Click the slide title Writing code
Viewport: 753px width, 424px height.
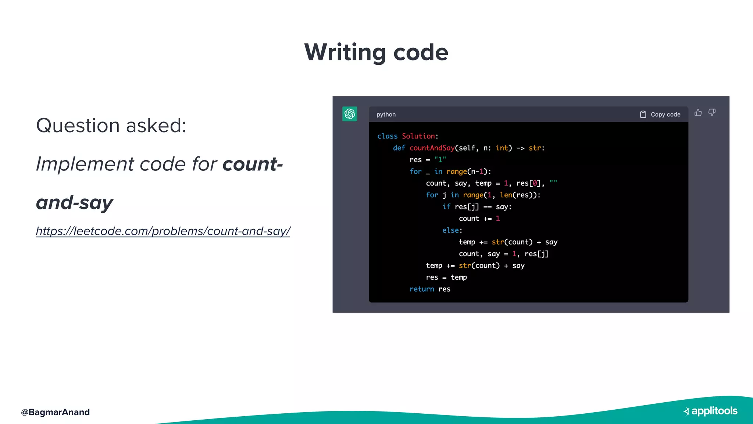pyautogui.click(x=376, y=52)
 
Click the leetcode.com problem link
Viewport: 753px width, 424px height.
pyautogui.click(x=163, y=231)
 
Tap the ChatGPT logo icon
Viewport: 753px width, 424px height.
pyautogui.click(x=349, y=114)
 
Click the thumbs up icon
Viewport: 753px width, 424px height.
pyautogui.click(x=698, y=113)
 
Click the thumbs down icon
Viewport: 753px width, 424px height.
pyautogui.click(x=712, y=113)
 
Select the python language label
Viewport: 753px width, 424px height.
pyautogui.click(x=386, y=114)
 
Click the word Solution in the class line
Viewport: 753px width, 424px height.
pyautogui.click(x=418, y=136)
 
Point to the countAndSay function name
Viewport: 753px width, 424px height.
pyautogui.click(x=432, y=148)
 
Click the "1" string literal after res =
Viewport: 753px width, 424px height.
pyautogui.click(x=440, y=160)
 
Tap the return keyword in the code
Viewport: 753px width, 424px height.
pyautogui.click(x=422, y=289)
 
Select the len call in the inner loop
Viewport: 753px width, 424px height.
pyautogui.click(x=506, y=195)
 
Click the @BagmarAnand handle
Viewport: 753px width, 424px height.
pyautogui.click(x=56, y=412)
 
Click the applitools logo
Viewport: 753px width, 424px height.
pyautogui.click(x=710, y=411)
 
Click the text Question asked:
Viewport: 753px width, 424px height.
pyautogui.click(x=111, y=126)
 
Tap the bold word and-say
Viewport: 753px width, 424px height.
pyautogui.click(x=75, y=203)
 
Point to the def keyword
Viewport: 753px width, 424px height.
pyautogui.click(x=399, y=148)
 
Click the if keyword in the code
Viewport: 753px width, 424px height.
pyautogui.click(x=446, y=207)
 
